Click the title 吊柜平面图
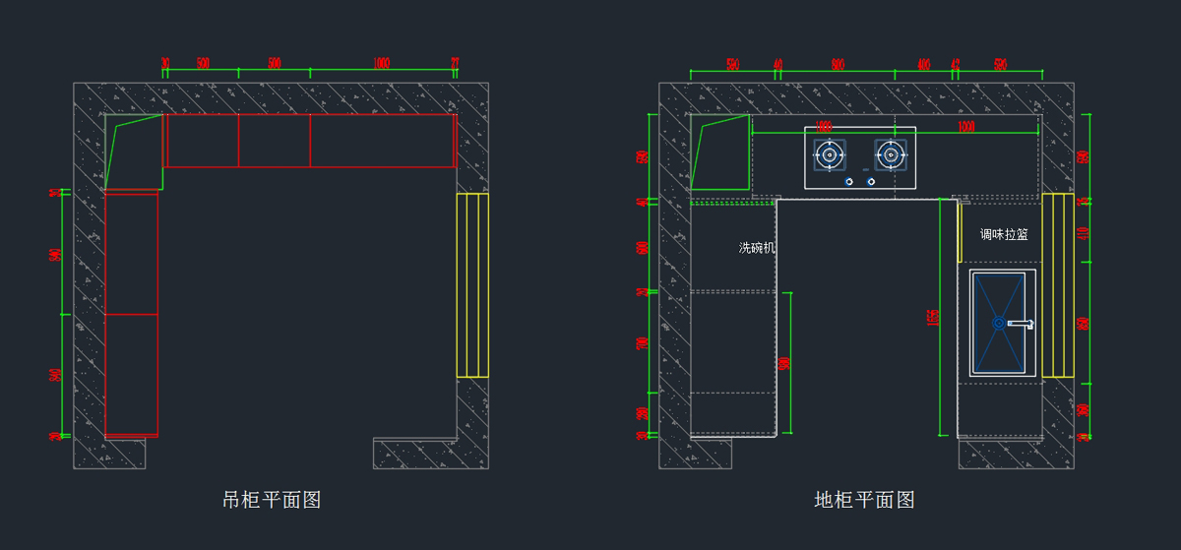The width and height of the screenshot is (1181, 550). [272, 500]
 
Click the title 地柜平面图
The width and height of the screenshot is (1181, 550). [865, 500]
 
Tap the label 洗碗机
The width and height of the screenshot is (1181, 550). [757, 248]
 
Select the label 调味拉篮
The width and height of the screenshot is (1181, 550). [1004, 235]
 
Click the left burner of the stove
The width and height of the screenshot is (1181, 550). [829, 153]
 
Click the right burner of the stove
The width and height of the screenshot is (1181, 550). [890, 153]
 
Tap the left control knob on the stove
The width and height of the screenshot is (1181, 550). [848, 181]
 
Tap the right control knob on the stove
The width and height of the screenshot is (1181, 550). [871, 181]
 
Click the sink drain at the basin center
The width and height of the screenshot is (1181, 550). [998, 322]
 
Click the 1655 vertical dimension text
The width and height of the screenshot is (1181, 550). [933, 317]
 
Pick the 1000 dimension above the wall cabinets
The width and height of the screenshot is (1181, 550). [382, 64]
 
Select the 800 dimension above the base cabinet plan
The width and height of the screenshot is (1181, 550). [838, 65]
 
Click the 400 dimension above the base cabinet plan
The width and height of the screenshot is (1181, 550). [923, 65]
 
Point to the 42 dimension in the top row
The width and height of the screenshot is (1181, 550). [955, 65]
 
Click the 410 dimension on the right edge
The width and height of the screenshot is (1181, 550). [1084, 233]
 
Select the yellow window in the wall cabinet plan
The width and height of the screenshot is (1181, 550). [472, 285]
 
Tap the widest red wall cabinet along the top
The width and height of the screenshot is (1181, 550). [382, 141]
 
